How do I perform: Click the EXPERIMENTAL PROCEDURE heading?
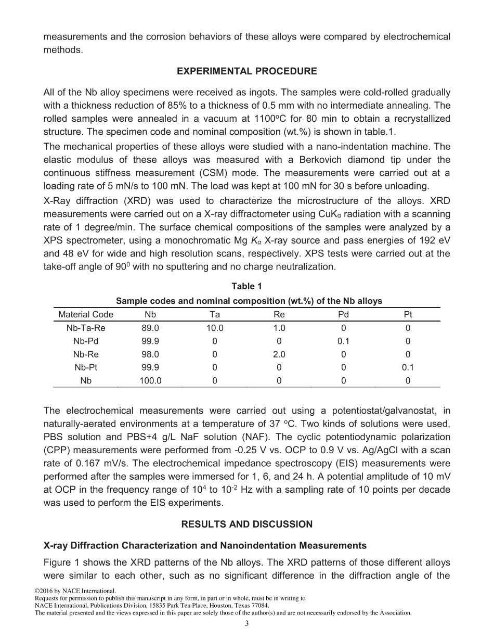pos(247,71)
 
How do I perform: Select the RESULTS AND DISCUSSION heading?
pos(247,524)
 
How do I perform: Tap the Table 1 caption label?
pos(247,286)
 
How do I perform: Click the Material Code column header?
pos(86,314)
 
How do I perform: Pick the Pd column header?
pos(343,314)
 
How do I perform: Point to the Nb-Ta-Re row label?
pos(86,328)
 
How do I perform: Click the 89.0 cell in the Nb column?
pos(150,328)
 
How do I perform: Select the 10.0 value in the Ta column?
pos(215,328)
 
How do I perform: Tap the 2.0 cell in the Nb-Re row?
pos(279,354)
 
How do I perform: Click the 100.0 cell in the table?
pos(150,380)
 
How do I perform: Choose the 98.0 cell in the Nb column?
pos(150,354)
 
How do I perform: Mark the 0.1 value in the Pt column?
pos(408,367)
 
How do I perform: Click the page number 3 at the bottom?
pos(247,624)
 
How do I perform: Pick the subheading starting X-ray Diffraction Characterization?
pos(205,546)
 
